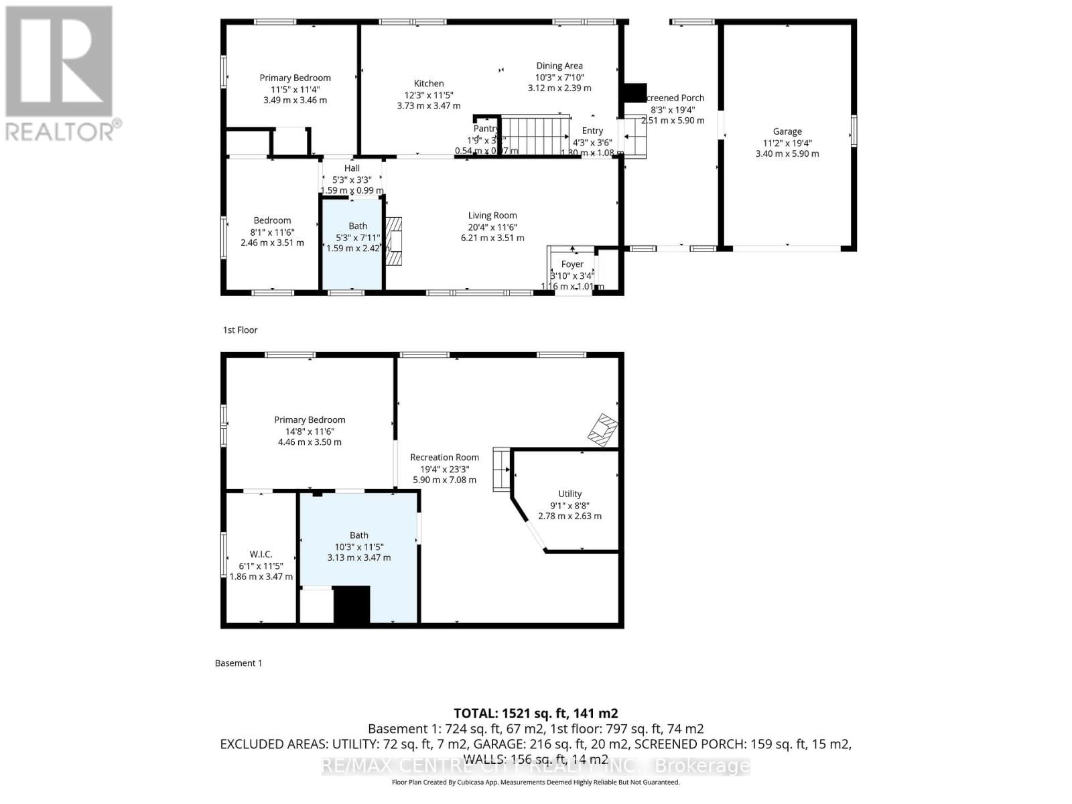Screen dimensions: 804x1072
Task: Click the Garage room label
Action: coord(787,132)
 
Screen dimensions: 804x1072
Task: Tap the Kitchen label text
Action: coord(429,84)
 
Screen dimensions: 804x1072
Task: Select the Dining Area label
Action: coord(559,66)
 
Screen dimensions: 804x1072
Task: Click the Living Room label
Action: coord(492,216)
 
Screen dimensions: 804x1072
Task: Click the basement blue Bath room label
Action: coord(359,535)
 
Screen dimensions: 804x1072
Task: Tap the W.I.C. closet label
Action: coord(261,554)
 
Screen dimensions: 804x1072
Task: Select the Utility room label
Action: coord(570,494)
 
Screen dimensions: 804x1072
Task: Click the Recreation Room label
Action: coord(445,458)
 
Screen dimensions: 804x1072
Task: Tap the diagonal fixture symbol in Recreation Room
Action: coord(602,430)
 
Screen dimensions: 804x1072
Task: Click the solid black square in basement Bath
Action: coord(352,604)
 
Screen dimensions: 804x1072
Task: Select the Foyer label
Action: coord(572,265)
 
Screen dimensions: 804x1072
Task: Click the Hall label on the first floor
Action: coord(352,169)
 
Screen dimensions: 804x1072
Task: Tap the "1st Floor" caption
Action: coord(241,330)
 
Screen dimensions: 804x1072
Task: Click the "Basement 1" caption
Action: coord(239,663)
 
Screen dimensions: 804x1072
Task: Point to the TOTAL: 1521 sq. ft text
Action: coord(535,714)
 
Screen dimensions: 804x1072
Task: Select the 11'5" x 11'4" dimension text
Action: coord(295,89)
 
